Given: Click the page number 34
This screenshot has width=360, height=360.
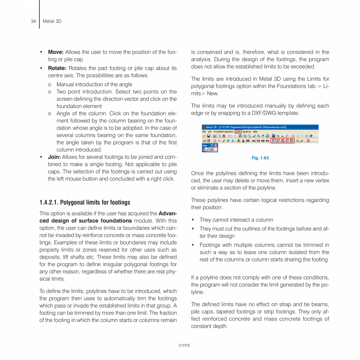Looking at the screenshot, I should [33, 21].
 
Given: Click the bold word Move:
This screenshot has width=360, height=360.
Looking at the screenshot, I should [56, 52].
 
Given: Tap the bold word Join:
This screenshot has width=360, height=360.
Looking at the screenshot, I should [54, 157].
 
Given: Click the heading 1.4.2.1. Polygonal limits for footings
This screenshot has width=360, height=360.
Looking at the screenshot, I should [85, 202].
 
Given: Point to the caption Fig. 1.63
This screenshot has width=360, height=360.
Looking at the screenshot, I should [260, 158].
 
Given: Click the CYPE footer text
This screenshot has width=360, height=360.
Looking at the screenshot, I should [184, 346].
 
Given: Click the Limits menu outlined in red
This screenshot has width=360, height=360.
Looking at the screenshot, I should [238, 131].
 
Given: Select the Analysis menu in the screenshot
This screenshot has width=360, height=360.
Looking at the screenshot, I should [247, 131].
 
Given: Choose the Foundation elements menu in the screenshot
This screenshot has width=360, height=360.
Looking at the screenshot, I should [223, 131].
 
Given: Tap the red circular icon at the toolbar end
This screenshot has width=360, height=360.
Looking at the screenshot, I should [308, 140].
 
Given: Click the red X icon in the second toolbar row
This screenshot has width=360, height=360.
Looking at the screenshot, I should [219, 140].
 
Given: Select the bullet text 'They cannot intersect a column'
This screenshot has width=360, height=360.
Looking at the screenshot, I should [236, 220].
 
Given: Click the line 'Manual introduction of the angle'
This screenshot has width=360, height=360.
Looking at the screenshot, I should [94, 84].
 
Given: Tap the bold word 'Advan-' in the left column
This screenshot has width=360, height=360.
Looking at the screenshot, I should [167, 213].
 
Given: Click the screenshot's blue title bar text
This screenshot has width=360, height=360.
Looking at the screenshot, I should [247, 127].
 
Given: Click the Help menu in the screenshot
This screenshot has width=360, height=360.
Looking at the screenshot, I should [255, 131].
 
